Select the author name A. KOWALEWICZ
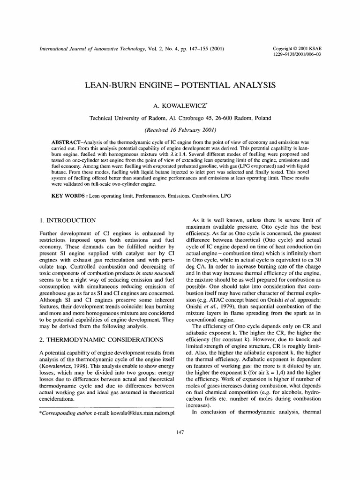point(180,105)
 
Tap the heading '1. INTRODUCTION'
point(66,220)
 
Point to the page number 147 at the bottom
point(180,431)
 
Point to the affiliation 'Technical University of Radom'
point(125,118)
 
